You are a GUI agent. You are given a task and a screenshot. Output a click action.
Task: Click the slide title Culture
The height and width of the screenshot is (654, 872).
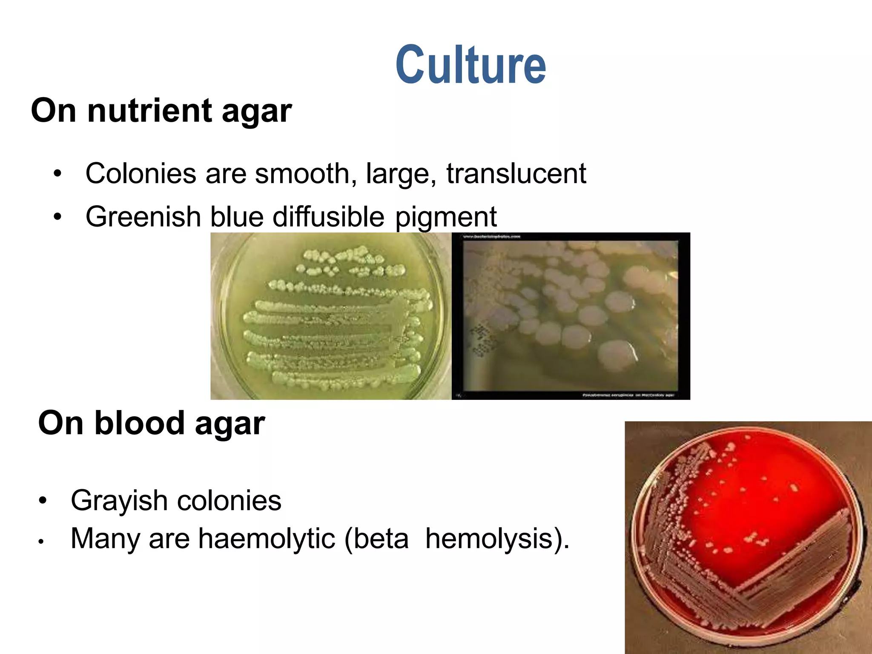(x=470, y=65)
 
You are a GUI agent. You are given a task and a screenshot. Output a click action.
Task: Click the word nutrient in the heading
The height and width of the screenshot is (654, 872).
(x=149, y=111)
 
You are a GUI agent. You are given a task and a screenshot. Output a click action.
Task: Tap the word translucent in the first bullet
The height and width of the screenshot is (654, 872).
(x=516, y=174)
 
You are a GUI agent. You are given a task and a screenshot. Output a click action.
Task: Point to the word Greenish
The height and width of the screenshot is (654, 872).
(x=143, y=217)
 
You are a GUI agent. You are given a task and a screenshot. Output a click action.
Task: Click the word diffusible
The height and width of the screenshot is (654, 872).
(x=328, y=217)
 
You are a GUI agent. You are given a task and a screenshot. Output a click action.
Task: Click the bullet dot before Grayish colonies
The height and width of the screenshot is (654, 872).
(x=42, y=501)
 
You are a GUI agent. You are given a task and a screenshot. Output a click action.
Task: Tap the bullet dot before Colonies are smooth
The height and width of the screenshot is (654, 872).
(x=57, y=174)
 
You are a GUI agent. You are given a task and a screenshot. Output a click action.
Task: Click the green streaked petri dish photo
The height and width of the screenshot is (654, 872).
(x=331, y=316)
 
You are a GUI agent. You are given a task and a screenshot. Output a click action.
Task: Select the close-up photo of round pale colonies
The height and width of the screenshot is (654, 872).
(x=571, y=316)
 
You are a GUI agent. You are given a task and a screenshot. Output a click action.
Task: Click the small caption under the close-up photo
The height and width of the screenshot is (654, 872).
(x=628, y=395)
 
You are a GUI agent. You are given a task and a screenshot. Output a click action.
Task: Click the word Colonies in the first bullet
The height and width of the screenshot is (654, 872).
(x=141, y=174)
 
